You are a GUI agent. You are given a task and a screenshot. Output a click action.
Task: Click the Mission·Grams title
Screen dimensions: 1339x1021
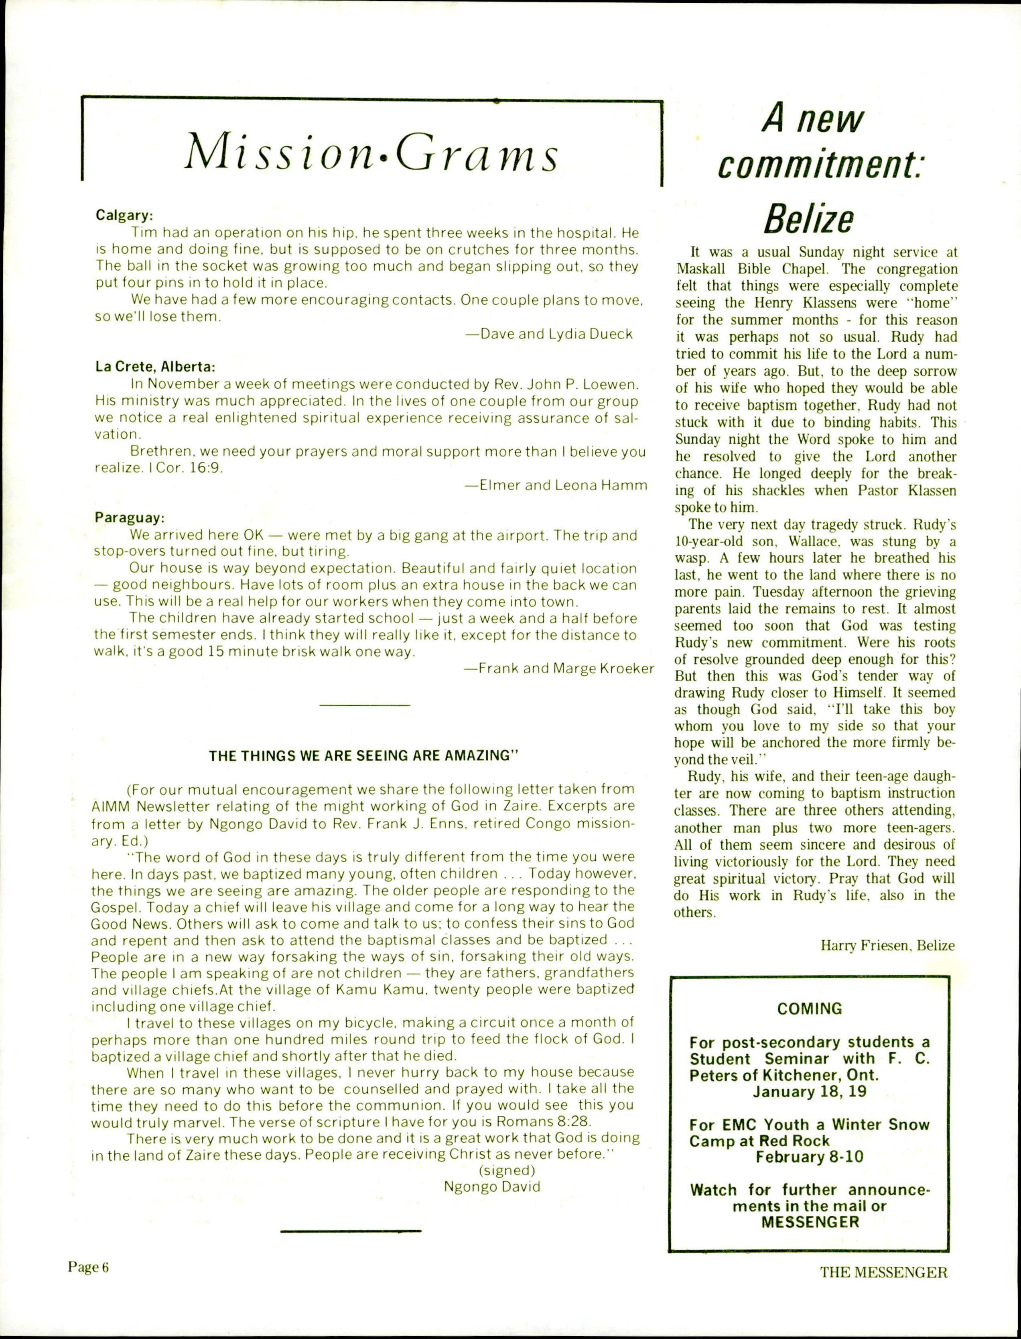point(371,153)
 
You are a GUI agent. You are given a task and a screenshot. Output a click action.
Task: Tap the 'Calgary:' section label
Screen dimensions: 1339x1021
point(124,215)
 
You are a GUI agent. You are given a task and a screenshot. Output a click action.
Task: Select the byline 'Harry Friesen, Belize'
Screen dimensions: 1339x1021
point(887,946)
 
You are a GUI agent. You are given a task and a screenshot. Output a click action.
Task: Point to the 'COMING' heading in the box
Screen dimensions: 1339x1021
point(810,1009)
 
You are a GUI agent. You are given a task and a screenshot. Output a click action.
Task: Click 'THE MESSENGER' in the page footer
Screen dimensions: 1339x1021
point(884,1272)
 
